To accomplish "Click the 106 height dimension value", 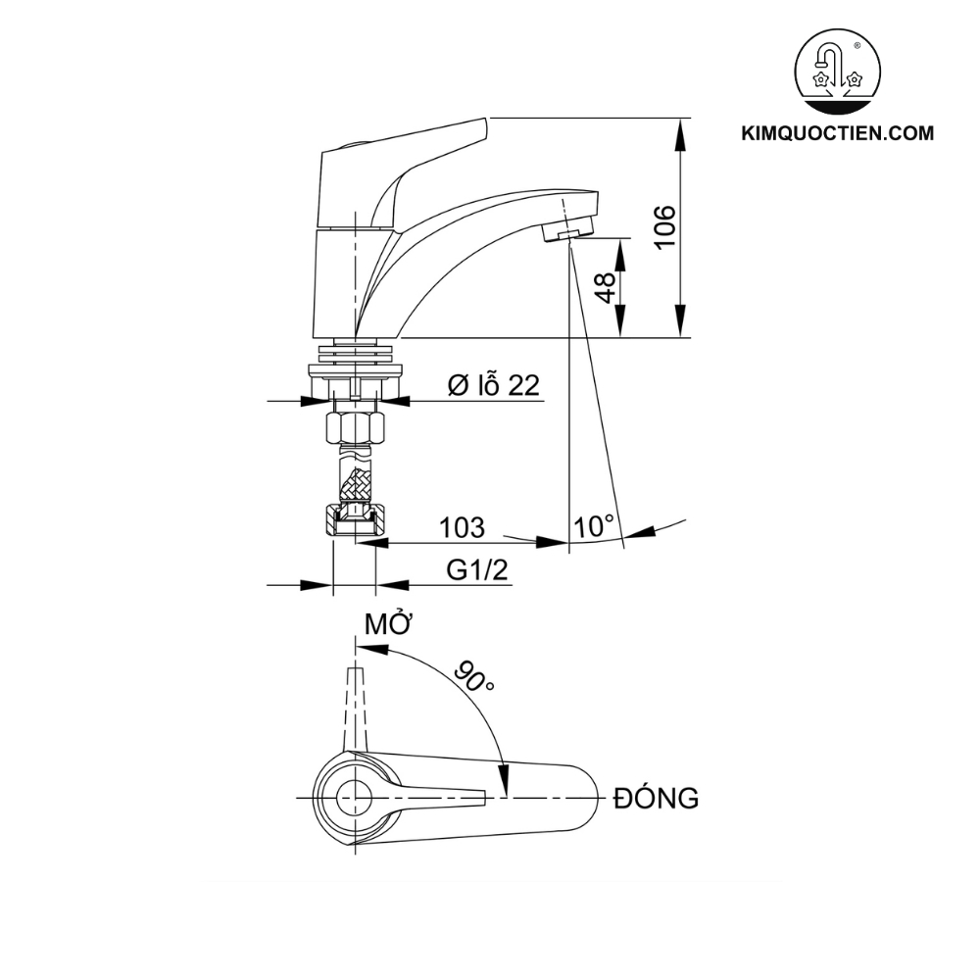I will [x=665, y=227].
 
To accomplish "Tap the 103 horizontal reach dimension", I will [x=462, y=527].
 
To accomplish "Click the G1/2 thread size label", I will [x=478, y=570].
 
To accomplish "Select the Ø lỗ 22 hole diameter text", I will [x=493, y=385].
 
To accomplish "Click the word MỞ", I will [x=387, y=624].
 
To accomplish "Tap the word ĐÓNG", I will [x=656, y=798].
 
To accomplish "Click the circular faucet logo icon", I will [x=835, y=72].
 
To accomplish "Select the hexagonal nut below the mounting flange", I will [x=355, y=426].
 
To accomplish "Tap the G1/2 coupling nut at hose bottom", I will [x=355, y=519].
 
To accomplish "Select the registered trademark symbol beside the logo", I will [x=858, y=46].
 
